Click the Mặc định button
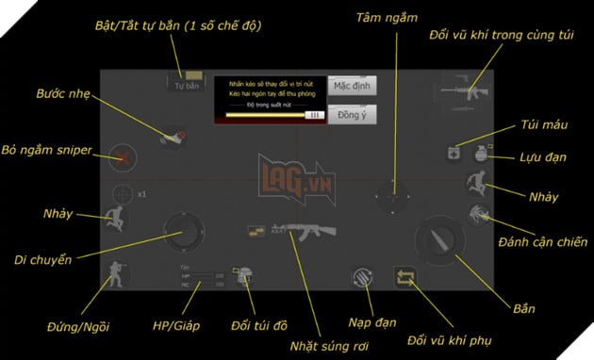coord(352,86)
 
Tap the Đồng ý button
coord(352,114)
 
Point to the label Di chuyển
coord(43,259)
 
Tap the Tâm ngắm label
coord(390,18)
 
